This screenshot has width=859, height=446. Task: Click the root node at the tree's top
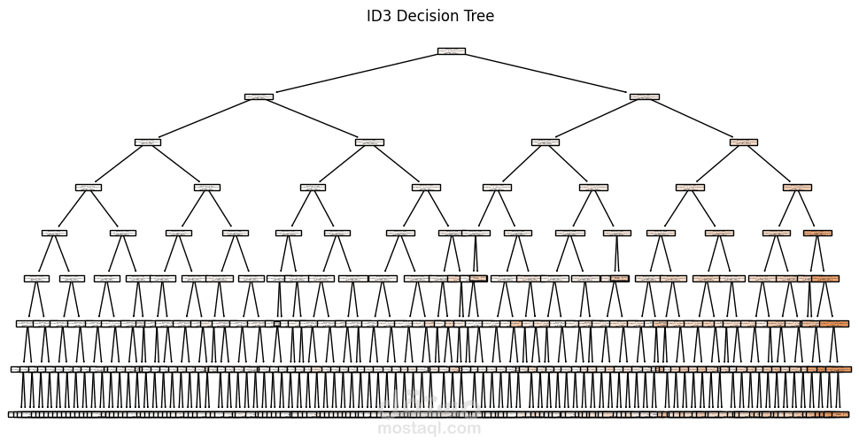(451, 51)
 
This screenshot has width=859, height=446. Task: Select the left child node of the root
(259, 96)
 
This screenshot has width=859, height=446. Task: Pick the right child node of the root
(644, 96)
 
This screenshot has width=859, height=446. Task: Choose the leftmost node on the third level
(148, 142)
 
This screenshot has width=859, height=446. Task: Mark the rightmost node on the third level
(744, 142)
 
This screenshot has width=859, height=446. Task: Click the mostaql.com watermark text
(429, 429)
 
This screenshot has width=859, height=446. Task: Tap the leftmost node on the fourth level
(89, 187)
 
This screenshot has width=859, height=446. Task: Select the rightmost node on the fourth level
(797, 187)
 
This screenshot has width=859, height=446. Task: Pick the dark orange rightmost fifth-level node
(817, 233)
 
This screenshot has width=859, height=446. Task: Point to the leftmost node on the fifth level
(54, 233)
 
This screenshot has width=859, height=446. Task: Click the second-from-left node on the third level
(369, 142)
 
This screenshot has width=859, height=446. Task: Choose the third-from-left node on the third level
(546, 142)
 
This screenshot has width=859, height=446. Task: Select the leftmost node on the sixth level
(36, 278)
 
